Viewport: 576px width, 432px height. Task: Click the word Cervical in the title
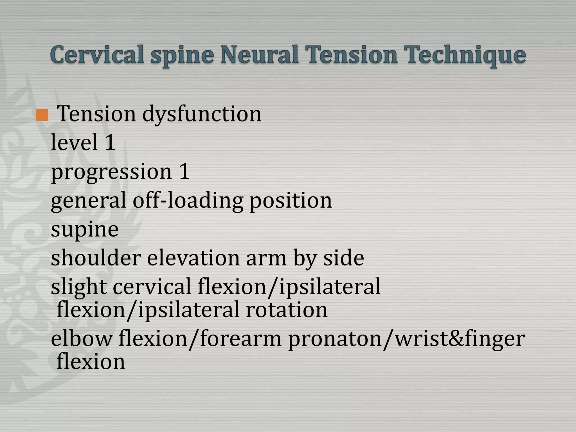[97, 55]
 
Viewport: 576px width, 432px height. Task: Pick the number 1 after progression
[184, 171]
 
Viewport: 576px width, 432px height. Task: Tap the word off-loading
[188, 200]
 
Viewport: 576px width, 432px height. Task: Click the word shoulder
[96, 258]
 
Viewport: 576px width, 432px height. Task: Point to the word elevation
[193, 258]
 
